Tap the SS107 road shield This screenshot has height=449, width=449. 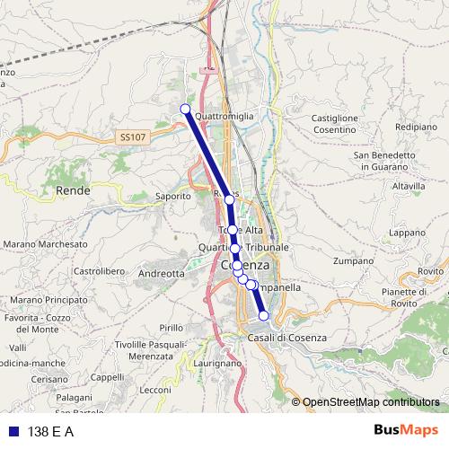coord(131,136)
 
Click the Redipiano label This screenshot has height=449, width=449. coord(414,128)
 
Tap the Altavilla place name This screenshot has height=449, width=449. coord(408,186)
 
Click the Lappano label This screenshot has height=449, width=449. coord(407,233)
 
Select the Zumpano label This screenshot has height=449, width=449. coord(352,262)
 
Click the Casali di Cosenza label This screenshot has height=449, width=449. coord(286,338)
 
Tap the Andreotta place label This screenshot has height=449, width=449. coord(163,273)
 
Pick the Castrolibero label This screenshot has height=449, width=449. coord(97,270)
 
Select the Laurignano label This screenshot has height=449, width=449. coord(217,364)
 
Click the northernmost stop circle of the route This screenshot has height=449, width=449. coord(186,110)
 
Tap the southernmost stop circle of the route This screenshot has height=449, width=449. coord(264,315)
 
